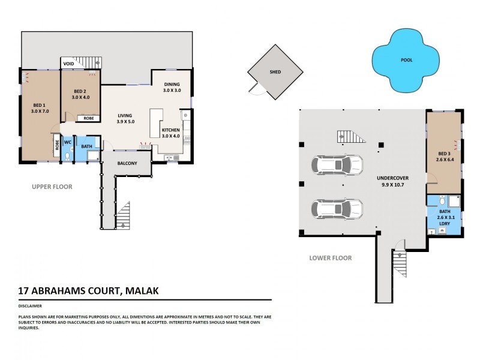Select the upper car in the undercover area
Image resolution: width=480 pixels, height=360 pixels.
(337, 164)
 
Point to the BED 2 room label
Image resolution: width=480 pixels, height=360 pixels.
(80, 91)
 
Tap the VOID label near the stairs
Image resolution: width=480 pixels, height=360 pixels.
(69, 62)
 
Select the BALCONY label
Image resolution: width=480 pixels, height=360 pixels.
(125, 163)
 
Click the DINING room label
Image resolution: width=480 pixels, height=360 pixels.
(172, 84)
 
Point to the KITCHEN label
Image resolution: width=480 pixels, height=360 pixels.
(171, 129)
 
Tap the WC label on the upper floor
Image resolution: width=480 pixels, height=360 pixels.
(68, 143)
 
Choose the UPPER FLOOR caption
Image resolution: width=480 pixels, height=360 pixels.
(52, 187)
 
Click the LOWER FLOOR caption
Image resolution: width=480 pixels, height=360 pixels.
(330, 258)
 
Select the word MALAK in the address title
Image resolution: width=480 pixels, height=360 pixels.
(142, 292)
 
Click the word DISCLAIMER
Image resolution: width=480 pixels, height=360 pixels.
(30, 305)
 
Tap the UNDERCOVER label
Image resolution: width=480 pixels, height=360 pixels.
(393, 179)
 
